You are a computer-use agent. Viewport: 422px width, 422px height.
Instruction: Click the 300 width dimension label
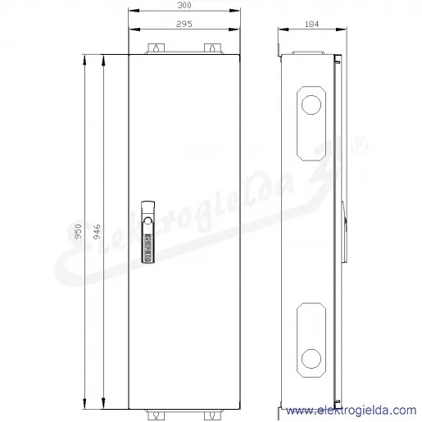click(x=184, y=5)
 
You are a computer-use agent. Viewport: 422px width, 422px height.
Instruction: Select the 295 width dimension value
click(x=184, y=24)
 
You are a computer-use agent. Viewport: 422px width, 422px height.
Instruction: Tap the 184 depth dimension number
click(x=312, y=24)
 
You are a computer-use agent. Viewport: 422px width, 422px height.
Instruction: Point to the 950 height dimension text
click(x=78, y=231)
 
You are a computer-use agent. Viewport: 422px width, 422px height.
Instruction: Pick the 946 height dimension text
click(x=97, y=231)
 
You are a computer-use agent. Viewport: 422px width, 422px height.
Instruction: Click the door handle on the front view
click(x=148, y=232)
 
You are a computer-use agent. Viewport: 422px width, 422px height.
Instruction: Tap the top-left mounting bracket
click(x=156, y=48)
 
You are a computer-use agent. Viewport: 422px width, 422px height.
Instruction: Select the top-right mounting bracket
click(x=212, y=48)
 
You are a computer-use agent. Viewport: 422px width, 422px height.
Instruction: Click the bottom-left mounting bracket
click(x=156, y=415)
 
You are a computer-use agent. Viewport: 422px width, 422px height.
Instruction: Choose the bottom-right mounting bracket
click(x=212, y=415)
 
